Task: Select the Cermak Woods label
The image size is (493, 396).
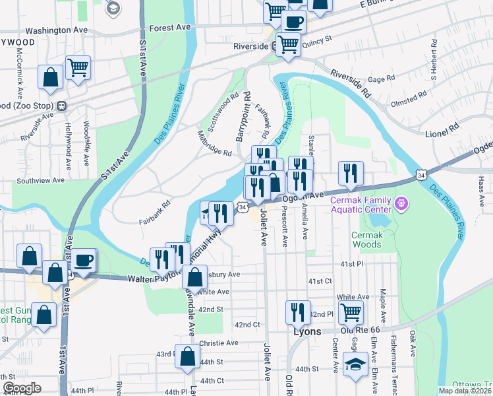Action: (x=366, y=240)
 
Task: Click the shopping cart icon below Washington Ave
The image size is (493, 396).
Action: (x=78, y=67)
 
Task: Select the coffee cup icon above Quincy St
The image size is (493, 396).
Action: (x=293, y=22)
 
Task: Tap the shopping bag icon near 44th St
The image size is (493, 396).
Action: (x=187, y=356)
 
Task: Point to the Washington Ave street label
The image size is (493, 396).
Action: (x=56, y=30)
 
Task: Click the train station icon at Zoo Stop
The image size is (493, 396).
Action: (x=61, y=106)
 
